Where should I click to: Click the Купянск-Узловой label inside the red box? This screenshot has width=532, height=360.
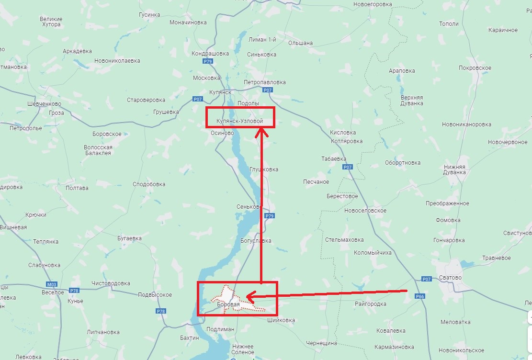point(239,121)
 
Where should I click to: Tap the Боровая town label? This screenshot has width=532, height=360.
point(228,304)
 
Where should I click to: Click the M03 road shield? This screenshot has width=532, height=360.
point(51,284)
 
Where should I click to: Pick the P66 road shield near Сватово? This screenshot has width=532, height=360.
point(420,296)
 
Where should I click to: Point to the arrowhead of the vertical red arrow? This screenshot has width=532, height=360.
point(261,132)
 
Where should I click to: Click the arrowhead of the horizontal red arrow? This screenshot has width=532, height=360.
point(249,297)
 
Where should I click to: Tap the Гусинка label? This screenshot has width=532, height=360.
point(149,15)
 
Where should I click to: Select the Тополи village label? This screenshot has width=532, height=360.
point(449,24)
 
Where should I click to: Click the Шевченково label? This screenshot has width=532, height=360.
point(45,104)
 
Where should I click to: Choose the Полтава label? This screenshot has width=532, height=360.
point(77,188)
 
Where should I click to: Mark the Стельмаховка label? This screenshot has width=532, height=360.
point(344,240)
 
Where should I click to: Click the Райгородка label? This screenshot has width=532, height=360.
point(371,304)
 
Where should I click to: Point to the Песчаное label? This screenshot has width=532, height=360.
point(316,182)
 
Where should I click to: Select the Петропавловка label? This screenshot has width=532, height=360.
point(264,82)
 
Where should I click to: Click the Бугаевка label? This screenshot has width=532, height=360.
point(129,238)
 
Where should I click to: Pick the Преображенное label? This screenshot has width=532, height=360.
point(447,203)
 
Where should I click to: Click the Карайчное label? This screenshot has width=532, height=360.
point(503,30)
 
